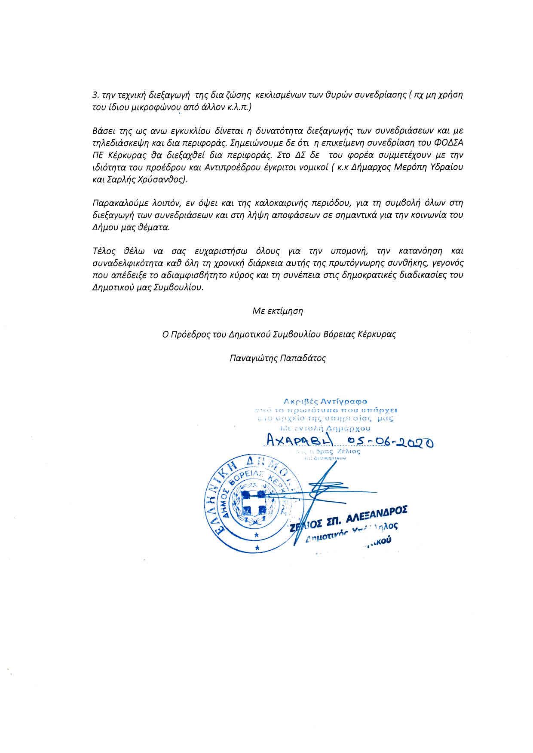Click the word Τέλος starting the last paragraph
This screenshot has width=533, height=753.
pyautogui.click(x=102, y=250)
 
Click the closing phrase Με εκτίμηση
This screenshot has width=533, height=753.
pyautogui.click(x=278, y=311)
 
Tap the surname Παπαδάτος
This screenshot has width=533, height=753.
pyautogui.click(x=303, y=358)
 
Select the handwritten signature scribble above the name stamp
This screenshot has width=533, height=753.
pyautogui.click(x=320, y=490)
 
